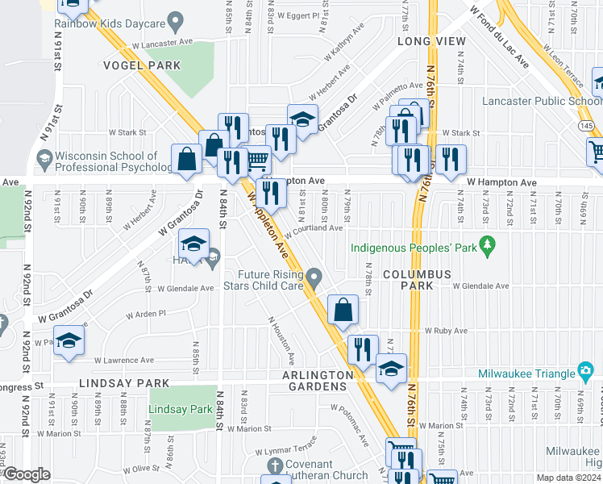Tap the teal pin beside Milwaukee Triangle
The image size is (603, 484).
coord(586,372)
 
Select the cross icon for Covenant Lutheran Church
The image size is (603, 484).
coord(275,465)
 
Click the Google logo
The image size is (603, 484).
coord(27,474)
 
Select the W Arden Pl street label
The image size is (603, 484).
coord(144,313)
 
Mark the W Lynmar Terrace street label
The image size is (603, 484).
coord(287,450)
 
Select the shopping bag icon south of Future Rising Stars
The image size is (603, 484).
coord(343,309)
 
